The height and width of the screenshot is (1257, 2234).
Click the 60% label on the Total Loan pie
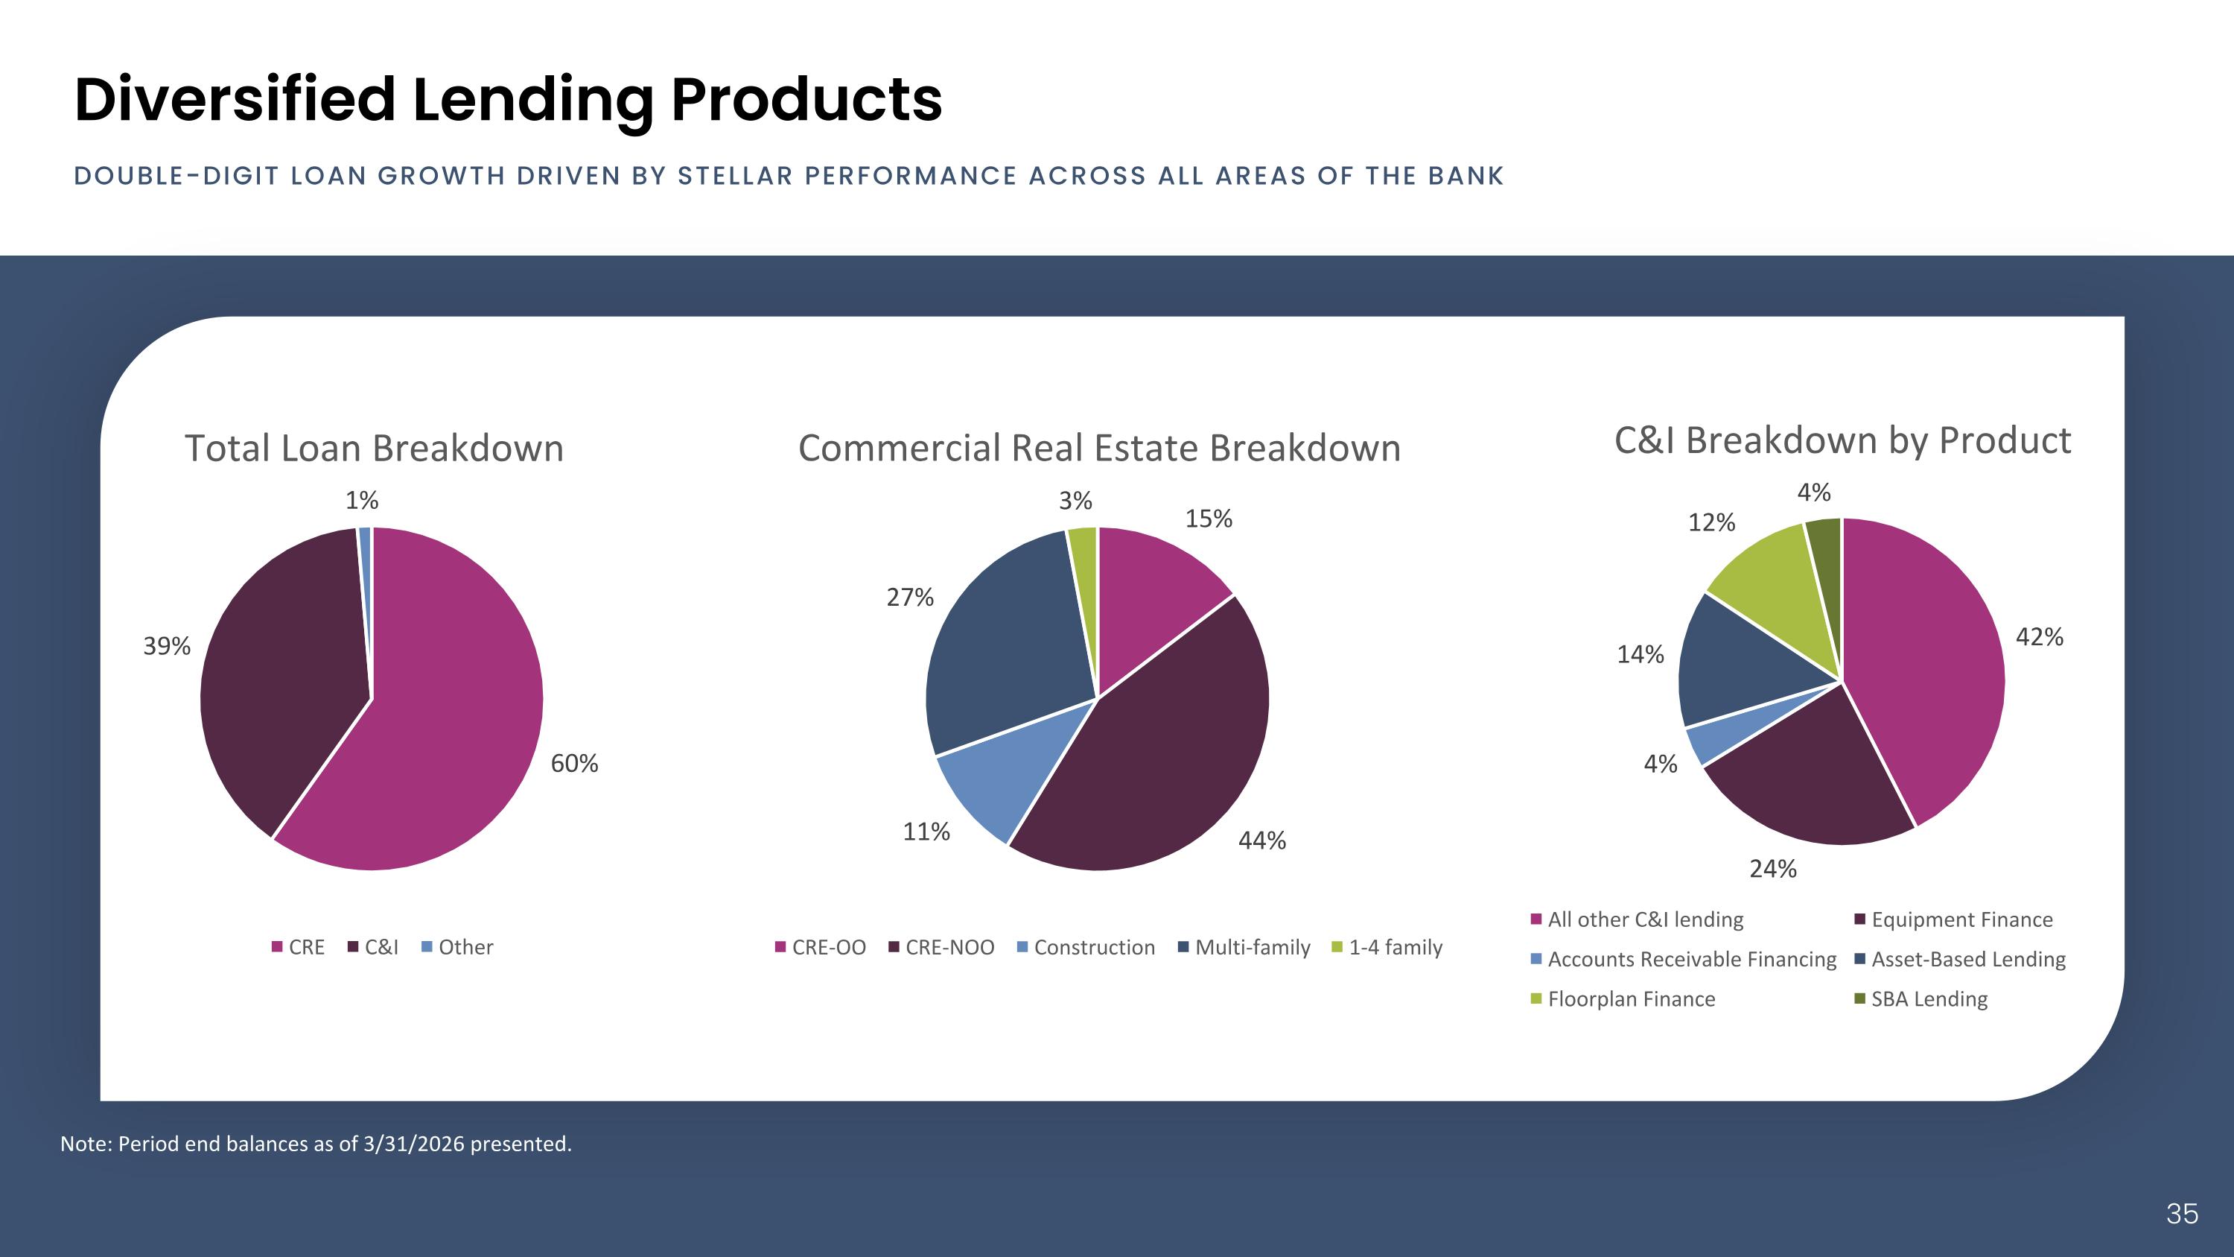click(x=574, y=764)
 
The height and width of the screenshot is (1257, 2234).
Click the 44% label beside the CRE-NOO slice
click(x=1261, y=840)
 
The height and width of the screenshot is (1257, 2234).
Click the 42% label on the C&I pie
click(x=2040, y=637)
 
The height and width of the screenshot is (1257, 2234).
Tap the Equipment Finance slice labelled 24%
click(x=1813, y=781)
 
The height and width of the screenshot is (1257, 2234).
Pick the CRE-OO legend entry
click(x=821, y=947)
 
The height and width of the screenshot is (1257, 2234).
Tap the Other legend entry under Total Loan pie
click(x=457, y=947)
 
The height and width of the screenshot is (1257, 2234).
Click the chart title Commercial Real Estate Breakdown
click(x=1099, y=449)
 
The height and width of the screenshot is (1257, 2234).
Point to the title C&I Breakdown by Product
click(x=1843, y=440)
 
